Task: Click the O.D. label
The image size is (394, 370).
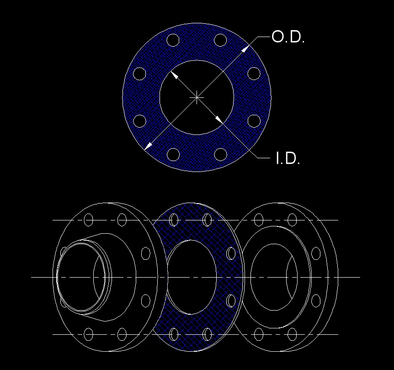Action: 288,37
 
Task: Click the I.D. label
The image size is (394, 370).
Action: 288,158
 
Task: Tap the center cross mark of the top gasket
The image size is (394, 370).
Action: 197,97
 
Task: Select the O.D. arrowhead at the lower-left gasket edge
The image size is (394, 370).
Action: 149,146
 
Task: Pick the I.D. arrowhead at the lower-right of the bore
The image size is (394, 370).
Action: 219,120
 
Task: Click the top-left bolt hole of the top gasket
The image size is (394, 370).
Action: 173,40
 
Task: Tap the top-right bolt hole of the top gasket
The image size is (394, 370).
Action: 220,40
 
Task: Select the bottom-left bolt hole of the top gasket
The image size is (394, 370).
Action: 173,154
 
